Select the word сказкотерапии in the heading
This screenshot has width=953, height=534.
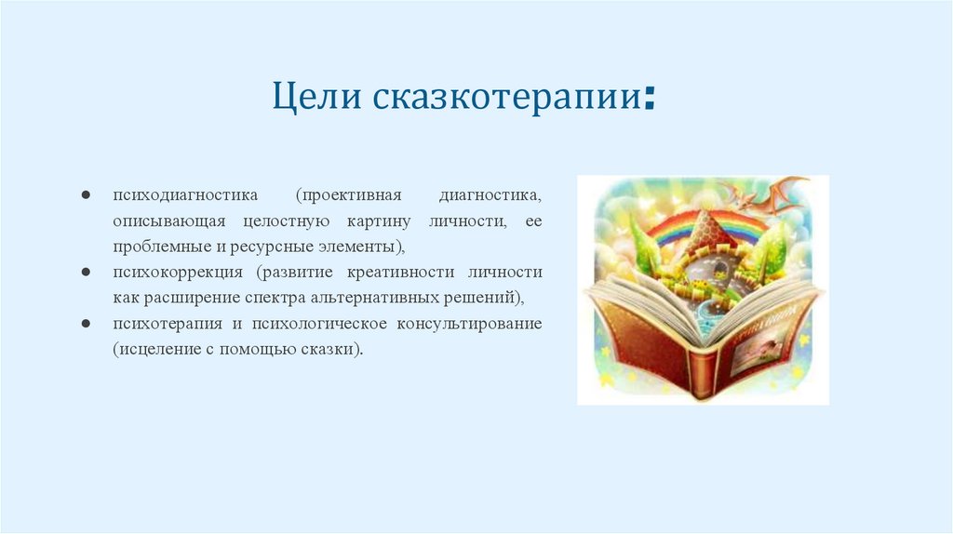[x=507, y=97]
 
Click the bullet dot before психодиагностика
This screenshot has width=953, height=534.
[x=86, y=195]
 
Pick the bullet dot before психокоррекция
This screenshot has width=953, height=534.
[x=86, y=273]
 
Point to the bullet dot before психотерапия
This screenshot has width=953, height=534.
[x=86, y=323]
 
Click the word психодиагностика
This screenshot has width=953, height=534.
[x=185, y=195]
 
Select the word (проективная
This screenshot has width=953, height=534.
[x=349, y=195]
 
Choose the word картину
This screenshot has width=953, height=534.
[x=379, y=222]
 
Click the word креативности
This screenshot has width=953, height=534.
[x=400, y=273]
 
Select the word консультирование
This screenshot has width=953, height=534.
[x=469, y=324]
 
